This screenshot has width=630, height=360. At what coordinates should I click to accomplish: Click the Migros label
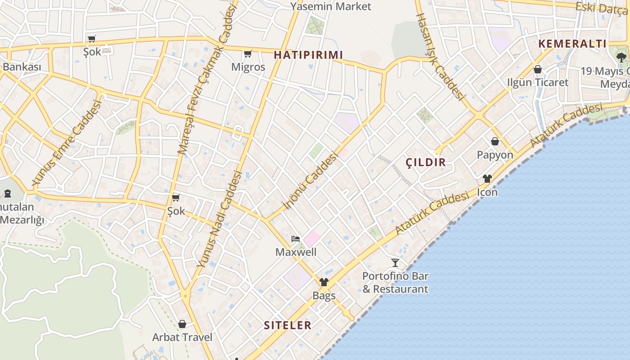pos(248,67)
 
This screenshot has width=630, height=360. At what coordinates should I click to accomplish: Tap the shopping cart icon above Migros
pos(247,54)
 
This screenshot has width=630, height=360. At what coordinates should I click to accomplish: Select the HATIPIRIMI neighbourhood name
pos(308,55)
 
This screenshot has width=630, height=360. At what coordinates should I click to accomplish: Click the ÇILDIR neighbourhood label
pos(426,162)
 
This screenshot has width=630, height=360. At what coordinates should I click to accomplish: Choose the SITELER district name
pos(288,325)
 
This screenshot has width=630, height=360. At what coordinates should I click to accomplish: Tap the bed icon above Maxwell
pos(296,238)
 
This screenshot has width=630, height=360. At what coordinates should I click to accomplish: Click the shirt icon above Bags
pos(324,282)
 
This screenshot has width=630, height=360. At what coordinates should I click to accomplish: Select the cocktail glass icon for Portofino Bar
pos(395,262)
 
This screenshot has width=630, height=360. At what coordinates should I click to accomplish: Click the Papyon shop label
pos(495,155)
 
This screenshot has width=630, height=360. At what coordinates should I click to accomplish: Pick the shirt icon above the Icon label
pos(487,179)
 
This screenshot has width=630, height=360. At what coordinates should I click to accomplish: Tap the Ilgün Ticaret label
pos(538,82)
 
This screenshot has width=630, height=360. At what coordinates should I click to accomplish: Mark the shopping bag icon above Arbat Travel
pos(182,324)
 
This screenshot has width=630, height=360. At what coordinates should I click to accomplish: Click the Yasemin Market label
pos(331,6)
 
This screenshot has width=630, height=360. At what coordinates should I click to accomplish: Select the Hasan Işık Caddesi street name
pos(440,56)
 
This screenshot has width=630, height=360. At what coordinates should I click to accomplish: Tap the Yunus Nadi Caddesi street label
pos(220,219)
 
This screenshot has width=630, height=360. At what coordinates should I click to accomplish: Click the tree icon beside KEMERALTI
pos(621,57)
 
